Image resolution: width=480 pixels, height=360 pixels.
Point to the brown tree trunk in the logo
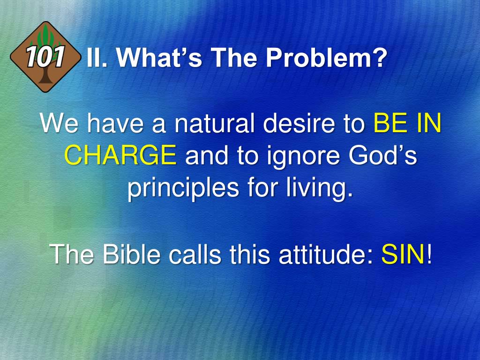[x=45, y=75]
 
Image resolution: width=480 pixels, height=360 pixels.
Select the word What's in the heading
[x=159, y=58]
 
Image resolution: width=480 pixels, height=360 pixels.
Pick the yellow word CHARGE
[x=120, y=155]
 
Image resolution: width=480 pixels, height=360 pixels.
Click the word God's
[x=382, y=155]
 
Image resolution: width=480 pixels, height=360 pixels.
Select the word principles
[x=183, y=188]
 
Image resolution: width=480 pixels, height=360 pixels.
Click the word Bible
[x=131, y=254]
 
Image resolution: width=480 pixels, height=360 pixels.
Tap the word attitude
[x=326, y=254]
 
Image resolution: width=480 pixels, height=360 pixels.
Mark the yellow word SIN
[x=403, y=254]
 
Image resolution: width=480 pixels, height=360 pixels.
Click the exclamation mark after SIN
[x=429, y=254]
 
